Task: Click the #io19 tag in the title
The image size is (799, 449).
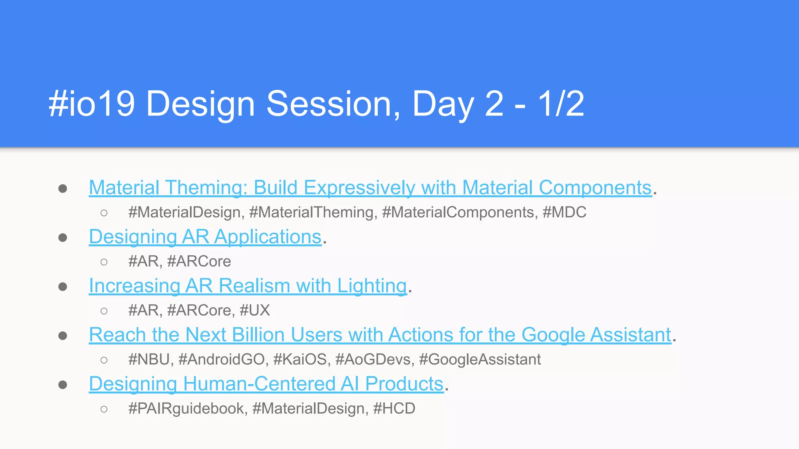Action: click(92, 104)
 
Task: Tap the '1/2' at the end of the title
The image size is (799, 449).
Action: click(561, 104)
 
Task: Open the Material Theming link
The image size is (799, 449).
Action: click(370, 187)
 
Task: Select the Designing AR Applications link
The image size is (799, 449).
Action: click(205, 237)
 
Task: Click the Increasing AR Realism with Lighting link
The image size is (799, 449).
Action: click(248, 286)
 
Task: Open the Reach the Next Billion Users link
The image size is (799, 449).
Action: click(380, 335)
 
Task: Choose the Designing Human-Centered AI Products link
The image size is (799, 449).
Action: click(266, 384)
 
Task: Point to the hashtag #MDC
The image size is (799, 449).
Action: click(564, 212)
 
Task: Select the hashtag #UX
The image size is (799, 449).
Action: click(254, 311)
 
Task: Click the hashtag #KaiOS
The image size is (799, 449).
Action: click(300, 359)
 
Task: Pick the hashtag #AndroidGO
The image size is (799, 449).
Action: click(222, 359)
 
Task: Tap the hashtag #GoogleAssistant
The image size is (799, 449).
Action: click(480, 359)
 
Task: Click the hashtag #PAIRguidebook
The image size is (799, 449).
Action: click(186, 408)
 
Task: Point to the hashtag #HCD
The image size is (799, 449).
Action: click(394, 408)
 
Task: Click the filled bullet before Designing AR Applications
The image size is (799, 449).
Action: click(63, 237)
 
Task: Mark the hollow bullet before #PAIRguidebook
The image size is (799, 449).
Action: click(104, 409)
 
